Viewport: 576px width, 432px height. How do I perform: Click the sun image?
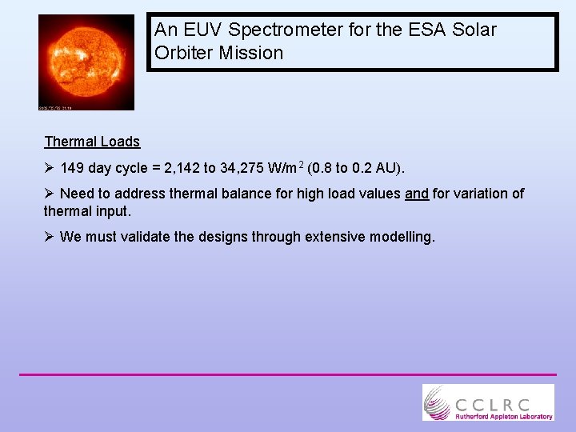[86, 61]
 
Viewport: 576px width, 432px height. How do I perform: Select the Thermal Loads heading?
[92, 142]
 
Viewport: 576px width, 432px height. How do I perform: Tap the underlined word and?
[417, 193]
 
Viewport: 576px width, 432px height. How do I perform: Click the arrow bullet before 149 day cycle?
[50, 168]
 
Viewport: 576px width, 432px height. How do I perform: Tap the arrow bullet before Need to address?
[50, 193]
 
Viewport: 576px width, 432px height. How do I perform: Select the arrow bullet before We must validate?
[50, 237]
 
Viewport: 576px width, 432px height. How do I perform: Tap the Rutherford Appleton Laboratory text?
[503, 416]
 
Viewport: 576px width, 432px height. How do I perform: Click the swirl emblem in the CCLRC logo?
[438, 402]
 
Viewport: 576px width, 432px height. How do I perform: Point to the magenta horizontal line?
[288, 374]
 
